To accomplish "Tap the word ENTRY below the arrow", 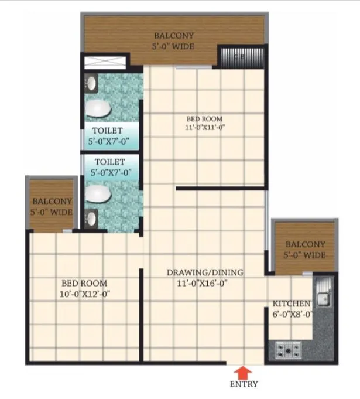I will pyautogui.click(x=242, y=385).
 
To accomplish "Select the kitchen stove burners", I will pyautogui.click(x=287, y=351).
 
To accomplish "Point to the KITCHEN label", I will pyautogui.click(x=292, y=303).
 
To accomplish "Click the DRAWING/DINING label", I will pyautogui.click(x=204, y=272).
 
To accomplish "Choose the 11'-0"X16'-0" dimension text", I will pyautogui.click(x=204, y=283).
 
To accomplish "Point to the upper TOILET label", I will pyautogui.click(x=108, y=130).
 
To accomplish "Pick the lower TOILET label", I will pyautogui.click(x=108, y=161).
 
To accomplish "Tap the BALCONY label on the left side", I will pyautogui.click(x=52, y=201).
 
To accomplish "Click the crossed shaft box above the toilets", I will pyautogui.click(x=106, y=62).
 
